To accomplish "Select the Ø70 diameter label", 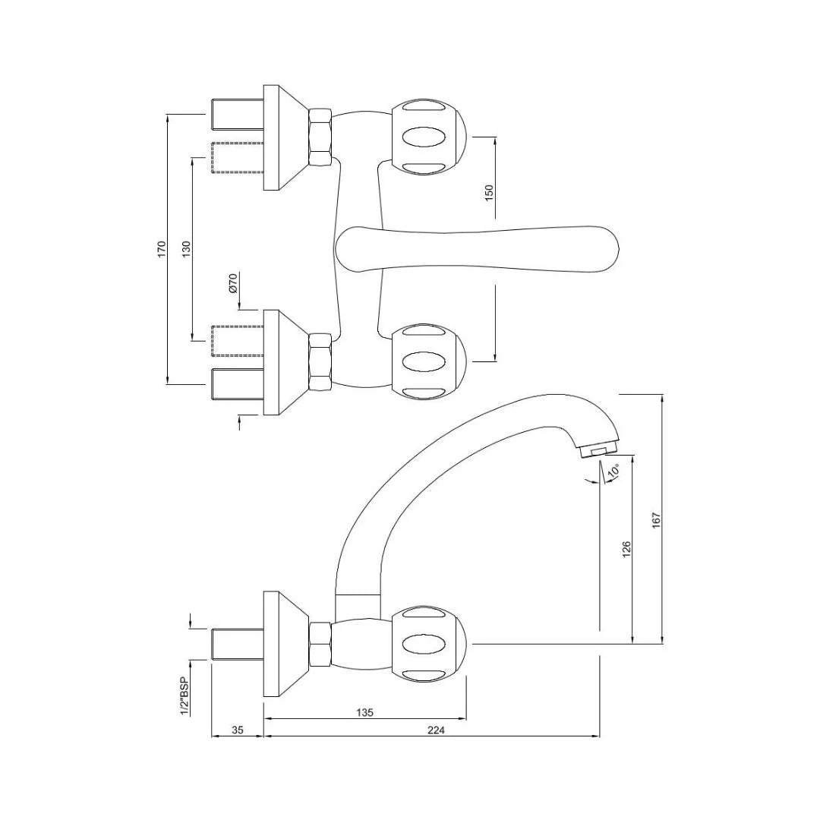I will [233, 282].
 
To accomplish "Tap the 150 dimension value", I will [489, 191].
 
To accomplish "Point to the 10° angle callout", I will [613, 471].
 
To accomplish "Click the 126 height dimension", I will [626, 548].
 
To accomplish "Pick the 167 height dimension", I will [657, 519].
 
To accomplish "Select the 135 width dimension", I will [364, 713].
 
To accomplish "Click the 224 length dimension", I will [436, 730].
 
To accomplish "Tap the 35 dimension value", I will [237, 730].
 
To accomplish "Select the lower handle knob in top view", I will [427, 361].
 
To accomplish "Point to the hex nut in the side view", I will [320, 644].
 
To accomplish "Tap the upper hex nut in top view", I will [320, 137].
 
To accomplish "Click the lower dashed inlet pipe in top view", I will [236, 340].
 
